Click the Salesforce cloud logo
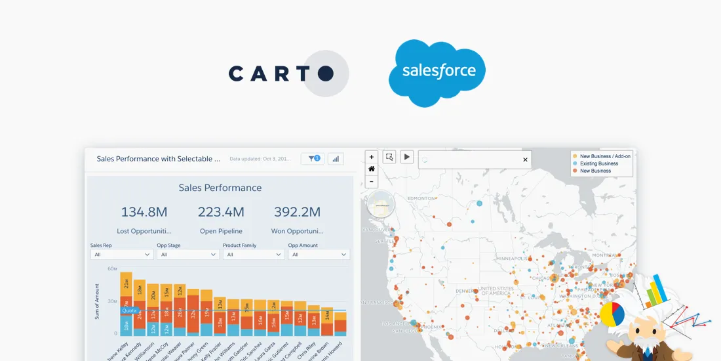(437, 72)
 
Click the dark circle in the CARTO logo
(326, 74)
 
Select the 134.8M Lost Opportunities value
(144, 211)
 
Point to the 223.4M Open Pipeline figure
(221, 211)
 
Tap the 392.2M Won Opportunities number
(297, 211)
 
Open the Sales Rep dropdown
(121, 255)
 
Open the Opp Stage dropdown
(187, 255)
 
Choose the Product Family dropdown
(253, 255)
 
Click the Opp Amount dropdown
(319, 255)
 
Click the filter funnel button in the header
(312, 159)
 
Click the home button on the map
(372, 169)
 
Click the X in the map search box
(525, 159)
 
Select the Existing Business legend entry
(599, 163)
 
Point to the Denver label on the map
(465, 291)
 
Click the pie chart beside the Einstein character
(612, 314)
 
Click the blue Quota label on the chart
(129, 310)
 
